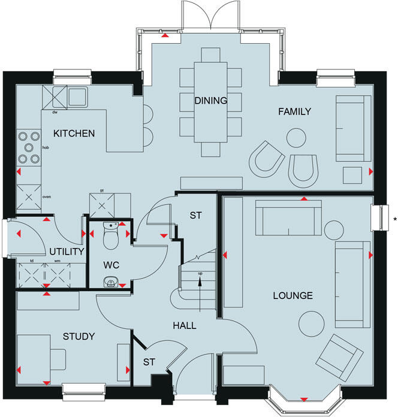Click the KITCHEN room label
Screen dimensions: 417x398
74,133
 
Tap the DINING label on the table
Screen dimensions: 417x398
210,101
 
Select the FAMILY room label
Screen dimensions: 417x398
294,111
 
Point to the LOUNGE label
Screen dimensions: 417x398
293,295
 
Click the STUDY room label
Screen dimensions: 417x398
79,337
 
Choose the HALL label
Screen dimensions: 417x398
185,325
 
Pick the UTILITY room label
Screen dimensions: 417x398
66,252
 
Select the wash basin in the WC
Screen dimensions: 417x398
110,281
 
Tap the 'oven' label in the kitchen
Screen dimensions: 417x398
46,196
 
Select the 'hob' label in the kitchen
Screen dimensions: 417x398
45,147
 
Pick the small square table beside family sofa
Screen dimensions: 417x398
351,174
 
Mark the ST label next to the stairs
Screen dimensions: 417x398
195,214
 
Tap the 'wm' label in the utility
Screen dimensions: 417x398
57,261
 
